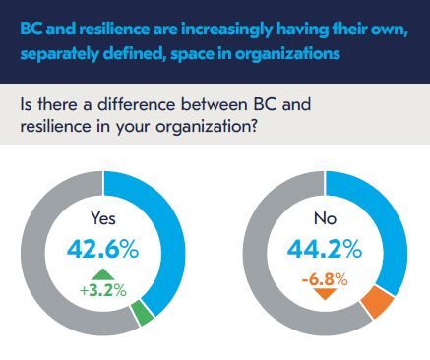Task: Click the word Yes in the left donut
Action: (103, 220)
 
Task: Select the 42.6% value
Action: (103, 249)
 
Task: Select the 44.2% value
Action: (326, 249)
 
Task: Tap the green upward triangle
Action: (102, 274)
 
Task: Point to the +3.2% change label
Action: (102, 289)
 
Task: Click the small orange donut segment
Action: (374, 305)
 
